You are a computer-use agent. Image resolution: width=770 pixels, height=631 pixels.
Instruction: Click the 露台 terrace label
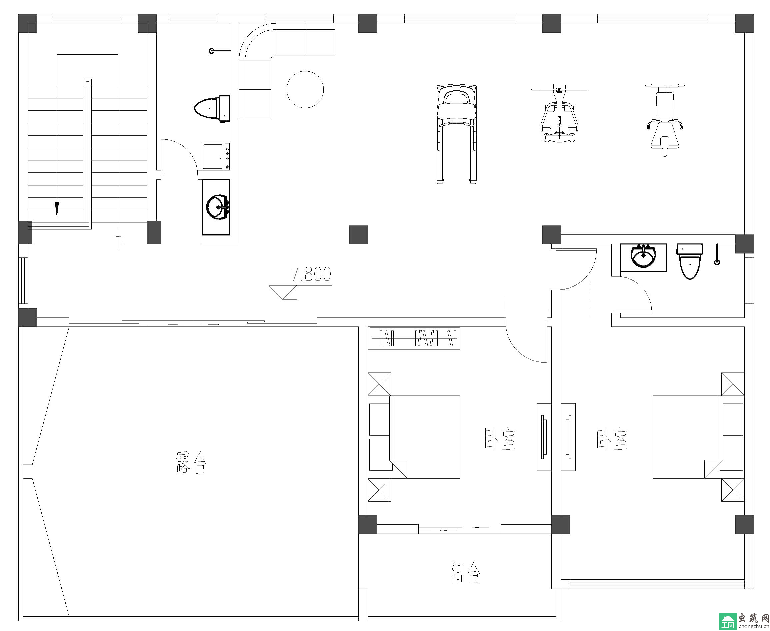coord(191,462)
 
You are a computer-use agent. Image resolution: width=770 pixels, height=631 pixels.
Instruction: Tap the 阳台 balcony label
coord(465,573)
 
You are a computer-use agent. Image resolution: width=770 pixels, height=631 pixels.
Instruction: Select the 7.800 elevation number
coord(311,274)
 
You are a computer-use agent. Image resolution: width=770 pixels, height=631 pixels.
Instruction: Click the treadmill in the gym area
coord(457,134)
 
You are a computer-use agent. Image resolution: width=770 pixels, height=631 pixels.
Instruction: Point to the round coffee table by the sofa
coord(305,89)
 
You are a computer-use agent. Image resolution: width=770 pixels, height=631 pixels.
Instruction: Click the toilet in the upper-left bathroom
coord(212,108)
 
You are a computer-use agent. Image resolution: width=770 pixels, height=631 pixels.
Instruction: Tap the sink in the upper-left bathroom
coord(216,207)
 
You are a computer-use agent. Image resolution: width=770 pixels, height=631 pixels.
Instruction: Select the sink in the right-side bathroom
coord(643,257)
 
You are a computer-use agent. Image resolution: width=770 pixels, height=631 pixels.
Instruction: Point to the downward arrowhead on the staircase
coord(57,209)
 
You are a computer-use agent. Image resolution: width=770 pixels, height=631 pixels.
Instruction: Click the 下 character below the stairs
coord(119,242)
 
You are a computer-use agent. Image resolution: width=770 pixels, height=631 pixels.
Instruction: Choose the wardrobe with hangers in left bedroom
coord(414,338)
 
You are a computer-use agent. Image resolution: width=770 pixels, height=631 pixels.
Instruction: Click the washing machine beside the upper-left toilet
coord(216,156)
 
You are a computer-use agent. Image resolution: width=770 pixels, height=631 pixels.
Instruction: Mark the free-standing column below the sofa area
coord(358,234)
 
